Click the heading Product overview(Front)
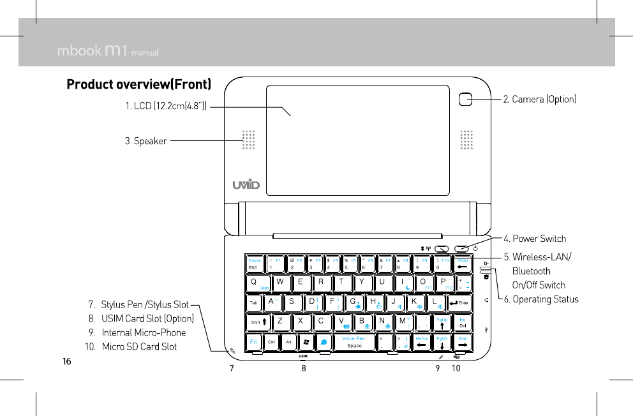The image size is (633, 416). coord(138,85)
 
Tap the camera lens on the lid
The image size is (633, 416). coord(466,99)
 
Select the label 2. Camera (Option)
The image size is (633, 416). coord(540,100)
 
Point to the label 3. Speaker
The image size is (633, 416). coord(145,141)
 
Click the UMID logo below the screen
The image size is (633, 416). coord(246,184)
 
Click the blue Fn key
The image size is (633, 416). coord(254,343)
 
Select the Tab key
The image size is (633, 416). coord(254,302)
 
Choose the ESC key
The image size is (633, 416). coord(255,264)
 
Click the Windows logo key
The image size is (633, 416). coord(307,343)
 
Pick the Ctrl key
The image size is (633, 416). coord(271,343)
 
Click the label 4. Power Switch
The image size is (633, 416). coord(535,239)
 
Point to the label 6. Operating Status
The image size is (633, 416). coord(541,299)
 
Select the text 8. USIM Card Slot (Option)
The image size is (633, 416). coord(141,318)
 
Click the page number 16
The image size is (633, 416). coord(66,362)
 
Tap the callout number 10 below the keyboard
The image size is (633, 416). coord(456,369)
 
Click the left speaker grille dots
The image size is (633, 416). coord(248,140)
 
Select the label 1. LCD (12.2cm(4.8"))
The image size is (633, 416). coord(165,106)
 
